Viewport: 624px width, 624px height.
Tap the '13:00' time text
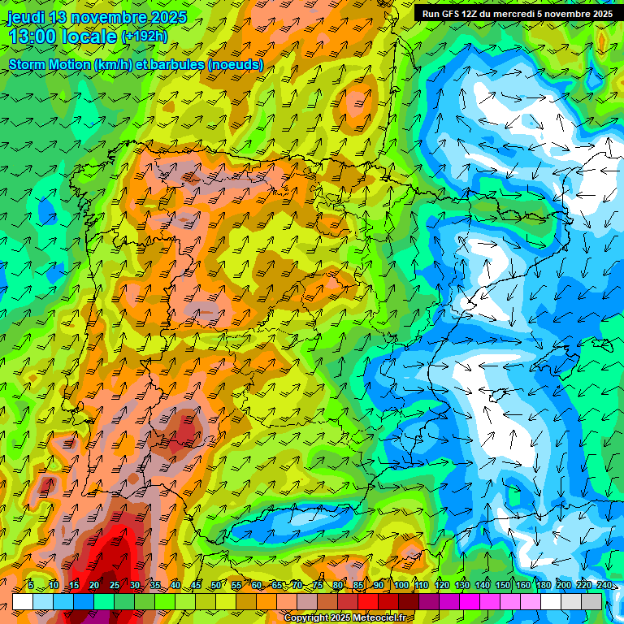click(x=31, y=37)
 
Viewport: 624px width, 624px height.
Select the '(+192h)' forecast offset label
click(x=144, y=37)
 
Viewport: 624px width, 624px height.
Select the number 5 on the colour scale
click(x=31, y=585)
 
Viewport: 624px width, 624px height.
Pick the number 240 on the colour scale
click(x=604, y=585)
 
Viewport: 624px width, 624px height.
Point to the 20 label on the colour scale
click(x=93, y=585)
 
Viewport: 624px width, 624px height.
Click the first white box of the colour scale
click(x=23, y=601)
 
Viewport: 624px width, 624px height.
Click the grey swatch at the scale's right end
click(x=591, y=601)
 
